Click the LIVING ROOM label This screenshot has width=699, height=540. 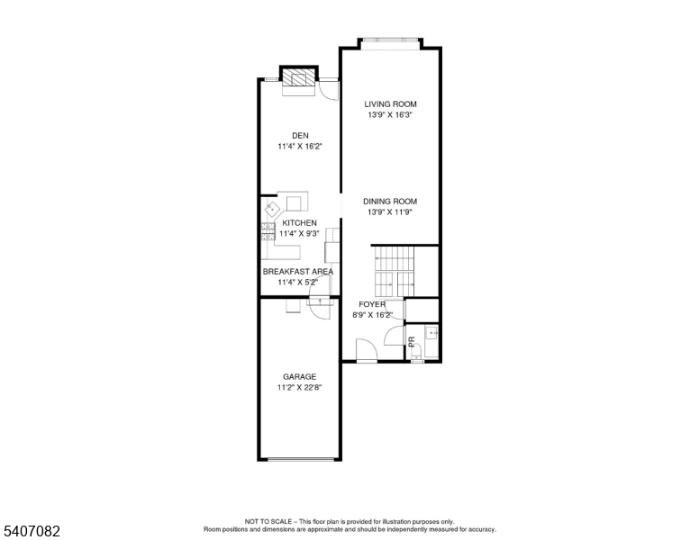tap(390, 104)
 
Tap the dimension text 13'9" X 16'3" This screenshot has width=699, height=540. tap(390, 115)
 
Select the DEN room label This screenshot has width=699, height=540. tap(300, 135)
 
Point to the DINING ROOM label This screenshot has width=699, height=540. tap(390, 202)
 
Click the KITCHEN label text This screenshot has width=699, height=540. tap(300, 223)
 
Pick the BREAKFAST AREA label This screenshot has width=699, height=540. tap(298, 271)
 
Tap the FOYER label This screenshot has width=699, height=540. tap(372, 304)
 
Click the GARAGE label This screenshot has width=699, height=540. tap(300, 377)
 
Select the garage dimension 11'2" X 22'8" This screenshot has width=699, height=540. tap(300, 388)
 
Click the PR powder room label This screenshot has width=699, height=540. tap(412, 342)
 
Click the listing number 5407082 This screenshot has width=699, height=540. tap(32, 531)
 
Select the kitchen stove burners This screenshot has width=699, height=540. tap(268, 232)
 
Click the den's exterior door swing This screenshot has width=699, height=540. tap(330, 90)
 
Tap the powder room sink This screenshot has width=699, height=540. tap(431, 333)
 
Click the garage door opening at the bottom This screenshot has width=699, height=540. tap(303, 459)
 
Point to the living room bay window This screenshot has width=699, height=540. tap(390, 40)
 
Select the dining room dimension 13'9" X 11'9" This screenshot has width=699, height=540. tap(390, 212)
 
